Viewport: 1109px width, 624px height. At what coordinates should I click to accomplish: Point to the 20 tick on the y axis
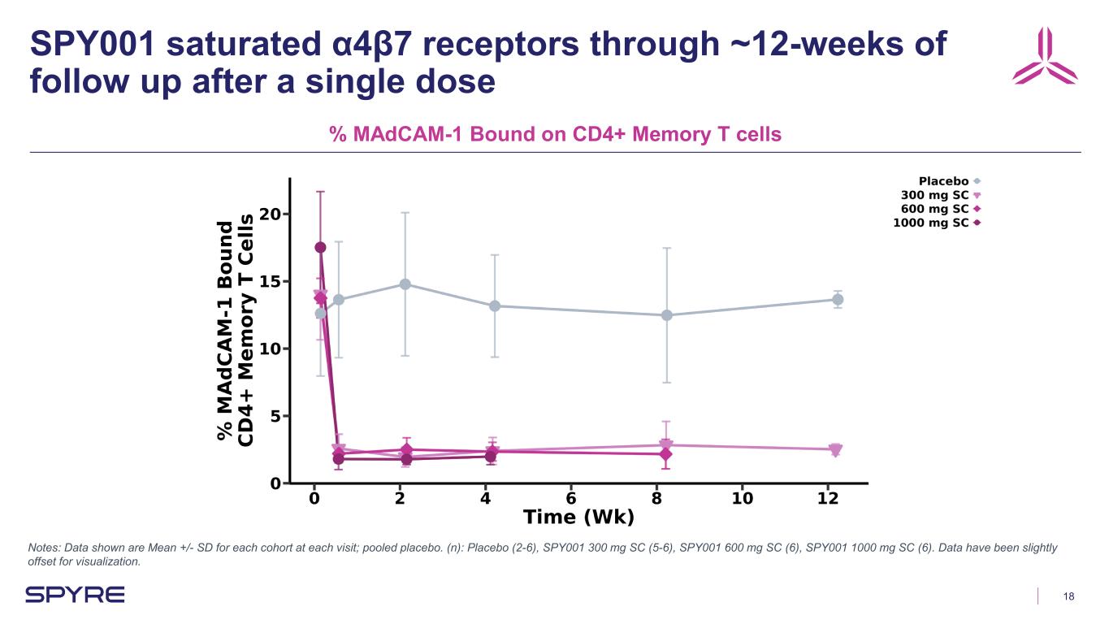pyautogui.click(x=271, y=214)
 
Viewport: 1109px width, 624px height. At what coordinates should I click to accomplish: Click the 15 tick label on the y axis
pyautogui.click(x=271, y=281)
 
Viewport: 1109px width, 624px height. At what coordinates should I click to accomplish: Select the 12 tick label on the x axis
pyautogui.click(x=828, y=498)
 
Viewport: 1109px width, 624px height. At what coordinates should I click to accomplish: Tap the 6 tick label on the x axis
pyautogui.click(x=571, y=498)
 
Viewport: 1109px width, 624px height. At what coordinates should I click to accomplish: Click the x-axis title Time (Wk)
pyautogui.click(x=578, y=518)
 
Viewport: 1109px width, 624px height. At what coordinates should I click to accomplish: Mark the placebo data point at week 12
pyautogui.click(x=837, y=300)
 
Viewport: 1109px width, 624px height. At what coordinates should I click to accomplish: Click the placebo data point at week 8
pyautogui.click(x=666, y=315)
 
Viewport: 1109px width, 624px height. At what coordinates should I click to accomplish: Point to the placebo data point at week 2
pyautogui.click(x=405, y=284)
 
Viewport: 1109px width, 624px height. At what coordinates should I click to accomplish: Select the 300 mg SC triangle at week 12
pyautogui.click(x=835, y=450)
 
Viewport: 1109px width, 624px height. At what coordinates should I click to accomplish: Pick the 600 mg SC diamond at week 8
pyautogui.click(x=665, y=453)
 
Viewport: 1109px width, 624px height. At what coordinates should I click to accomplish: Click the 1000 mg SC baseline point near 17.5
pyautogui.click(x=320, y=248)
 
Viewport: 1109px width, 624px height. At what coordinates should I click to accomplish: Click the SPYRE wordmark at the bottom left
pyautogui.click(x=75, y=595)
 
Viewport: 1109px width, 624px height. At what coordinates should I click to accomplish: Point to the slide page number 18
pyautogui.click(x=1068, y=596)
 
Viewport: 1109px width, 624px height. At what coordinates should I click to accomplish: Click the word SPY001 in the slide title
pyautogui.click(x=90, y=45)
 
